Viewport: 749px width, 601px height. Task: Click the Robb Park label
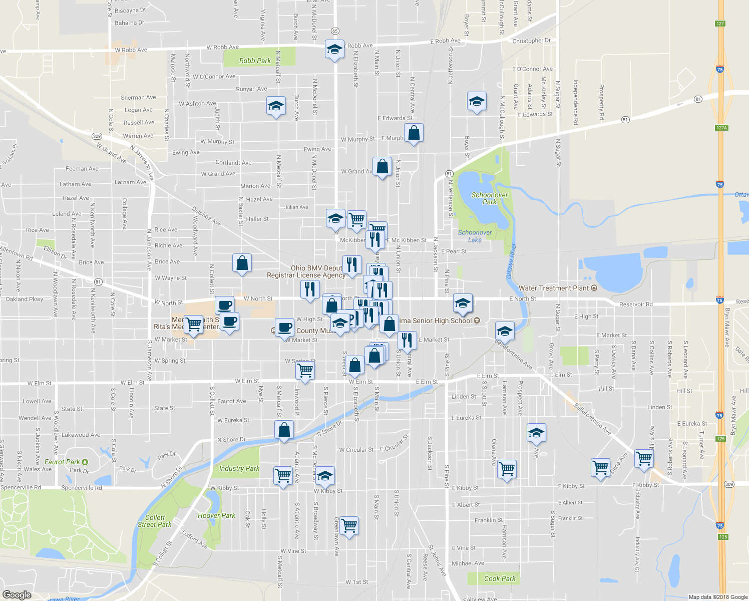pos(255,61)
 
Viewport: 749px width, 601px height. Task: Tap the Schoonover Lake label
pos(475,236)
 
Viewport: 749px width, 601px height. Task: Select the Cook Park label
pos(500,578)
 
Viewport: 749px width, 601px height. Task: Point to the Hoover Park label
pos(216,515)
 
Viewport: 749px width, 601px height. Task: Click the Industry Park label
pos(239,468)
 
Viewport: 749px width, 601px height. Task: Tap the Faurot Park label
pos(63,462)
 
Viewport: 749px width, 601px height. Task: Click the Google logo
pos(17,594)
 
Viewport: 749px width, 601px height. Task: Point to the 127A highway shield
pos(721,128)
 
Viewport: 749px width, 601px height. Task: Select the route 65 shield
pos(335,31)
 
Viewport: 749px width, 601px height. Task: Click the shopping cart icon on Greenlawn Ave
pos(349,526)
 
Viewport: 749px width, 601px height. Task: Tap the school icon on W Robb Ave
pos(334,49)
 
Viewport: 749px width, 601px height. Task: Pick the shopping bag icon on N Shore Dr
pos(284,430)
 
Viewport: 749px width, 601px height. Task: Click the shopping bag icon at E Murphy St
pos(414,133)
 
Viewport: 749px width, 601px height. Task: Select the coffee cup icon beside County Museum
pos(284,328)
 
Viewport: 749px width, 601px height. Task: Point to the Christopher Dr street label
pos(531,41)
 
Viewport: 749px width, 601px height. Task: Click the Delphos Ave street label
pos(206,216)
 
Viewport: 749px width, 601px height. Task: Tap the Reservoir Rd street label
pos(636,304)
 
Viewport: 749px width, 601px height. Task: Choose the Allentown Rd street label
pos(16,253)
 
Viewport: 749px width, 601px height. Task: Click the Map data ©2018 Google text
pos(717,597)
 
